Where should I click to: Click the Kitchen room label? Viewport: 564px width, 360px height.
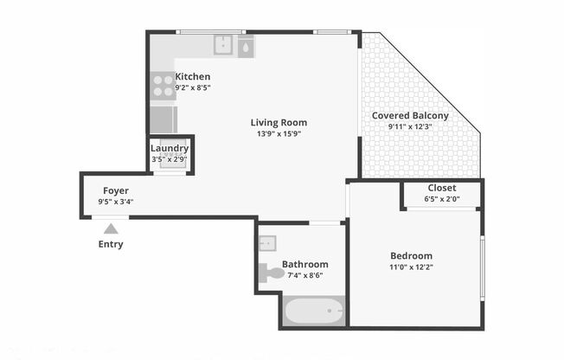(x=192, y=76)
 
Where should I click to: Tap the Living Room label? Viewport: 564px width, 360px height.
(x=279, y=122)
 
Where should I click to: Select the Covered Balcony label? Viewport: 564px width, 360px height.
(x=410, y=115)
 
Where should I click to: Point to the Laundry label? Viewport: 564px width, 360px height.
(x=170, y=148)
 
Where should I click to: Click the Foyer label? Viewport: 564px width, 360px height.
(x=116, y=190)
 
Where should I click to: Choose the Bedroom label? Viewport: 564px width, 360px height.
(x=411, y=255)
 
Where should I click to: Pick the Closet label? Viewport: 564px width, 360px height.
(x=441, y=188)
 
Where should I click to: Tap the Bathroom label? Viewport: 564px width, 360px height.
(x=304, y=264)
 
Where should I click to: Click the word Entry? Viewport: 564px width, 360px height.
(x=110, y=244)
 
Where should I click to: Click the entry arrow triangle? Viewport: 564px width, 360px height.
(x=110, y=228)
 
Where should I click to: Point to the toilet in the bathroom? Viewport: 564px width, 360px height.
(x=271, y=273)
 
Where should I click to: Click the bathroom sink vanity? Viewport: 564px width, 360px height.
(x=266, y=243)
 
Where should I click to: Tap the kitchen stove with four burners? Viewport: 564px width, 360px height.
(x=163, y=85)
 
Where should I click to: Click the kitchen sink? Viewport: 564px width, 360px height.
(x=224, y=44)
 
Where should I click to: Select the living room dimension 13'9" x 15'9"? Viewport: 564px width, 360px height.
(x=279, y=134)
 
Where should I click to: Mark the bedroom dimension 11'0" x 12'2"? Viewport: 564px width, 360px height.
(x=411, y=267)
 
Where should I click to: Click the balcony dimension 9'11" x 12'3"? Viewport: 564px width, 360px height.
(x=410, y=126)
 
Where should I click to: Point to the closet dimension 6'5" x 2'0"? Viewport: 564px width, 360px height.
(x=441, y=199)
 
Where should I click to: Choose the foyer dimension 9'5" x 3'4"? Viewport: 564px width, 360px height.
(x=116, y=202)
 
